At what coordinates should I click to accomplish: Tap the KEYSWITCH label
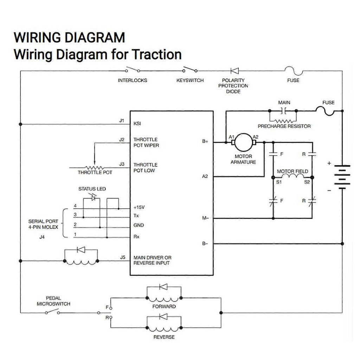[190, 81]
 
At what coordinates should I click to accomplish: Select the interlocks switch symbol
[132, 70]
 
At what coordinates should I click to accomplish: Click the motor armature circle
[244, 142]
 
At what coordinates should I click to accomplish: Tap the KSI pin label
[137, 124]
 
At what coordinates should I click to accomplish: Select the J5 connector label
[122, 257]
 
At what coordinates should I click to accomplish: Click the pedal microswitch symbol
[55, 311]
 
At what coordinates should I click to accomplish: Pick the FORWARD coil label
[164, 306]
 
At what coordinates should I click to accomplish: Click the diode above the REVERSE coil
[163, 317]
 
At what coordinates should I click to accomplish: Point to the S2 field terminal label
[307, 182]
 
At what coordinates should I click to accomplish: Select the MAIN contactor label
[284, 103]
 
